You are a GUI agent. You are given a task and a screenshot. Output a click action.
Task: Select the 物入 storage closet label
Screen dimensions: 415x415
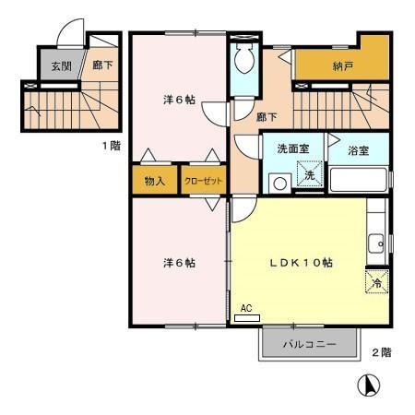154,180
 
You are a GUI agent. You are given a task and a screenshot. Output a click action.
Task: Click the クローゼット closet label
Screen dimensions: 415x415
204,181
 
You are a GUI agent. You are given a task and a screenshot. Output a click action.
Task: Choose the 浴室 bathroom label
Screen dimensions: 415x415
359,148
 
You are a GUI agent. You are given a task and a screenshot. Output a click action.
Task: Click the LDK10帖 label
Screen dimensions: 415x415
301,263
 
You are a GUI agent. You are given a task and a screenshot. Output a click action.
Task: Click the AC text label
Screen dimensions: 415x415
246,309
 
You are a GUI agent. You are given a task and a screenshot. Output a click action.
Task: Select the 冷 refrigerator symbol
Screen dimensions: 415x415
376,284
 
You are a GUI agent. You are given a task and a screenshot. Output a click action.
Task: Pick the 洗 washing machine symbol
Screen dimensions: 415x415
310,174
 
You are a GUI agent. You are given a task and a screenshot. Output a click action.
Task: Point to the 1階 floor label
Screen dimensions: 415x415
110,145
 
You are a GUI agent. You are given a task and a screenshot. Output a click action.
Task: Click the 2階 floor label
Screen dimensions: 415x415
381,352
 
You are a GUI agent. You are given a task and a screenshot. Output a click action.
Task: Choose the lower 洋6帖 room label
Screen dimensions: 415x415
178,263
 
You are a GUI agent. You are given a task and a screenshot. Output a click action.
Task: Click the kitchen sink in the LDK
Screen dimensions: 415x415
375,243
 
